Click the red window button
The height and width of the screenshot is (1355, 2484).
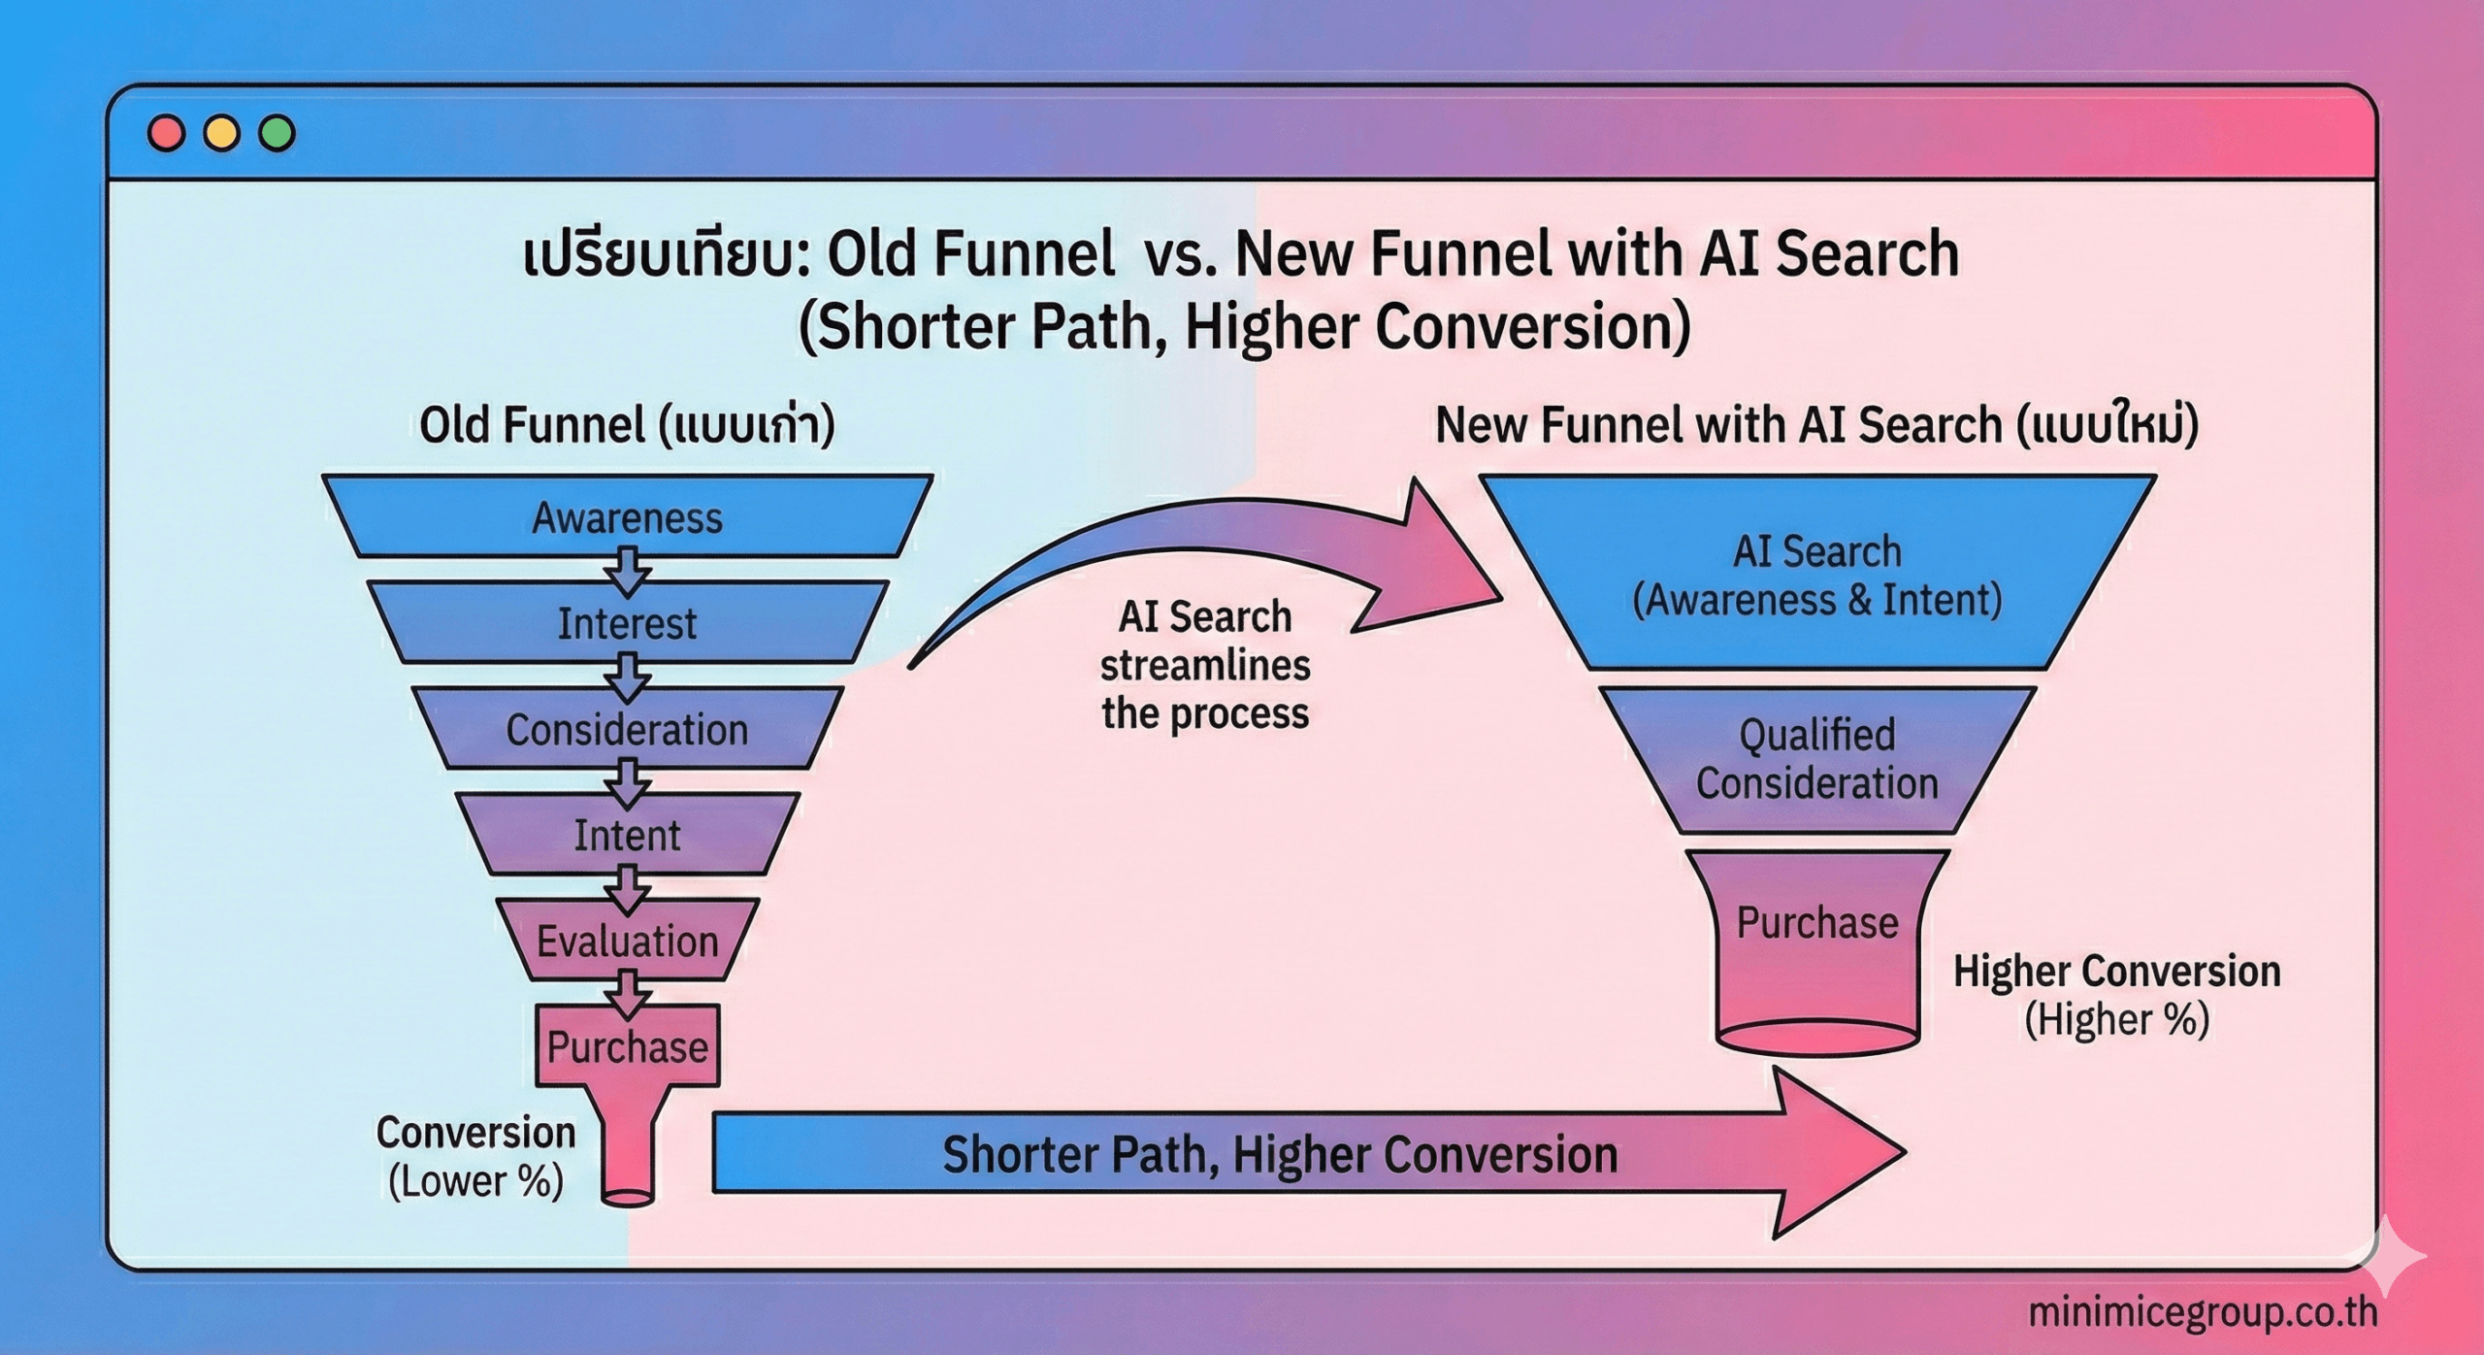(x=166, y=133)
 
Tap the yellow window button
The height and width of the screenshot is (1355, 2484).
(x=221, y=133)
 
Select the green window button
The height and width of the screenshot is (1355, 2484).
(x=277, y=133)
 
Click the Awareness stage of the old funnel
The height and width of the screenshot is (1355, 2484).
(x=627, y=517)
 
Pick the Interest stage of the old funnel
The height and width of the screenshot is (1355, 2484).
(x=627, y=623)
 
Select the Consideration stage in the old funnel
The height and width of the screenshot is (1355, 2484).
(x=627, y=729)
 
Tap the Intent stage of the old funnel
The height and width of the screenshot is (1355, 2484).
(x=627, y=835)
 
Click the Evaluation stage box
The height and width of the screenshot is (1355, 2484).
(x=627, y=941)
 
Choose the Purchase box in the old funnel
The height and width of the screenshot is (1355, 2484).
(x=627, y=1045)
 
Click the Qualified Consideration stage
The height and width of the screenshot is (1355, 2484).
(x=1816, y=759)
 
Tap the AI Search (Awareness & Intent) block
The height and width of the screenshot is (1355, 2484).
(x=1816, y=575)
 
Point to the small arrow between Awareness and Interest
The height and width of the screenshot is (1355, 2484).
(x=628, y=570)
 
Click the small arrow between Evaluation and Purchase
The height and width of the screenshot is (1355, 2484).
(x=628, y=992)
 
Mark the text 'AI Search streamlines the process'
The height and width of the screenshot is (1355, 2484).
(x=1205, y=665)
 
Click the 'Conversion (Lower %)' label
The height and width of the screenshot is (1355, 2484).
(x=475, y=1156)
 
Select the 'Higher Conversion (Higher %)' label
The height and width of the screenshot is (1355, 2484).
(x=2116, y=995)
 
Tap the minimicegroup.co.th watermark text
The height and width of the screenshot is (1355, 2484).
(x=2202, y=1312)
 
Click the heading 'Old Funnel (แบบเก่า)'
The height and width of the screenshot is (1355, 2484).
(x=627, y=425)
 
